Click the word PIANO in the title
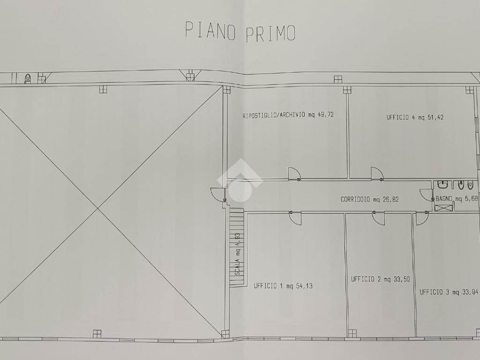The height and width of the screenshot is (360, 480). (x=210, y=30)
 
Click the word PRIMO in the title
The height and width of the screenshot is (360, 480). (x=270, y=33)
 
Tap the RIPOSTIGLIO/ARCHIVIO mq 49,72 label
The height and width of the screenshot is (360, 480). (x=288, y=115)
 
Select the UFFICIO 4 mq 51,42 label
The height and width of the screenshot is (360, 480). (x=415, y=117)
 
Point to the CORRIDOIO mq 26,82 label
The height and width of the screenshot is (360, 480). (x=369, y=200)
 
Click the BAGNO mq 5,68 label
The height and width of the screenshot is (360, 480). (x=457, y=199)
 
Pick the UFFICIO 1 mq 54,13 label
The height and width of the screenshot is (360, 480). (x=283, y=286)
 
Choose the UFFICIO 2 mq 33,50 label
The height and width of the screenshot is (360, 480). (x=380, y=279)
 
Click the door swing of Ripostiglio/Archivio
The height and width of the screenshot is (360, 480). (x=294, y=173)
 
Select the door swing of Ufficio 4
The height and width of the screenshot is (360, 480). (x=377, y=173)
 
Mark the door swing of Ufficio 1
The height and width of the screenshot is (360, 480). (x=295, y=218)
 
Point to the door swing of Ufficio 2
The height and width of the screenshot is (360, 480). (x=379, y=218)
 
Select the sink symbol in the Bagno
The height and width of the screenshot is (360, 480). (x=443, y=185)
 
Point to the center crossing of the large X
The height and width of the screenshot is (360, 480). (x=98, y=209)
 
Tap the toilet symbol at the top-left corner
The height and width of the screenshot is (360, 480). (x=28, y=79)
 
